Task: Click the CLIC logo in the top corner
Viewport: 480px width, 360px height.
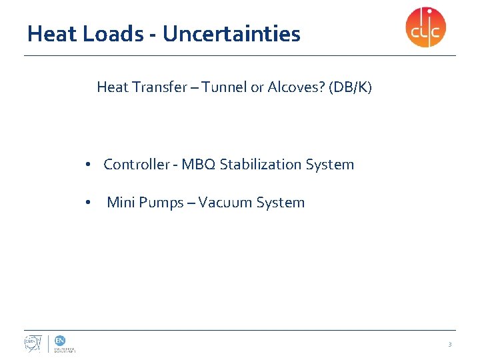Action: pos(426,27)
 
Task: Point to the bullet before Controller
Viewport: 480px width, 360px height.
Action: pos(88,165)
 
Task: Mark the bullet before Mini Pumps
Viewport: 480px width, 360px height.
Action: pos(88,203)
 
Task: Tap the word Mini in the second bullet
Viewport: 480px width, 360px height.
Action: pos(121,203)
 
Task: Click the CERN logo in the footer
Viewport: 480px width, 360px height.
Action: pos(33,343)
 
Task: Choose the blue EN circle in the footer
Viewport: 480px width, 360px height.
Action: pos(60,340)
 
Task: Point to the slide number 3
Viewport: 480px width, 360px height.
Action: pos(449,345)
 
